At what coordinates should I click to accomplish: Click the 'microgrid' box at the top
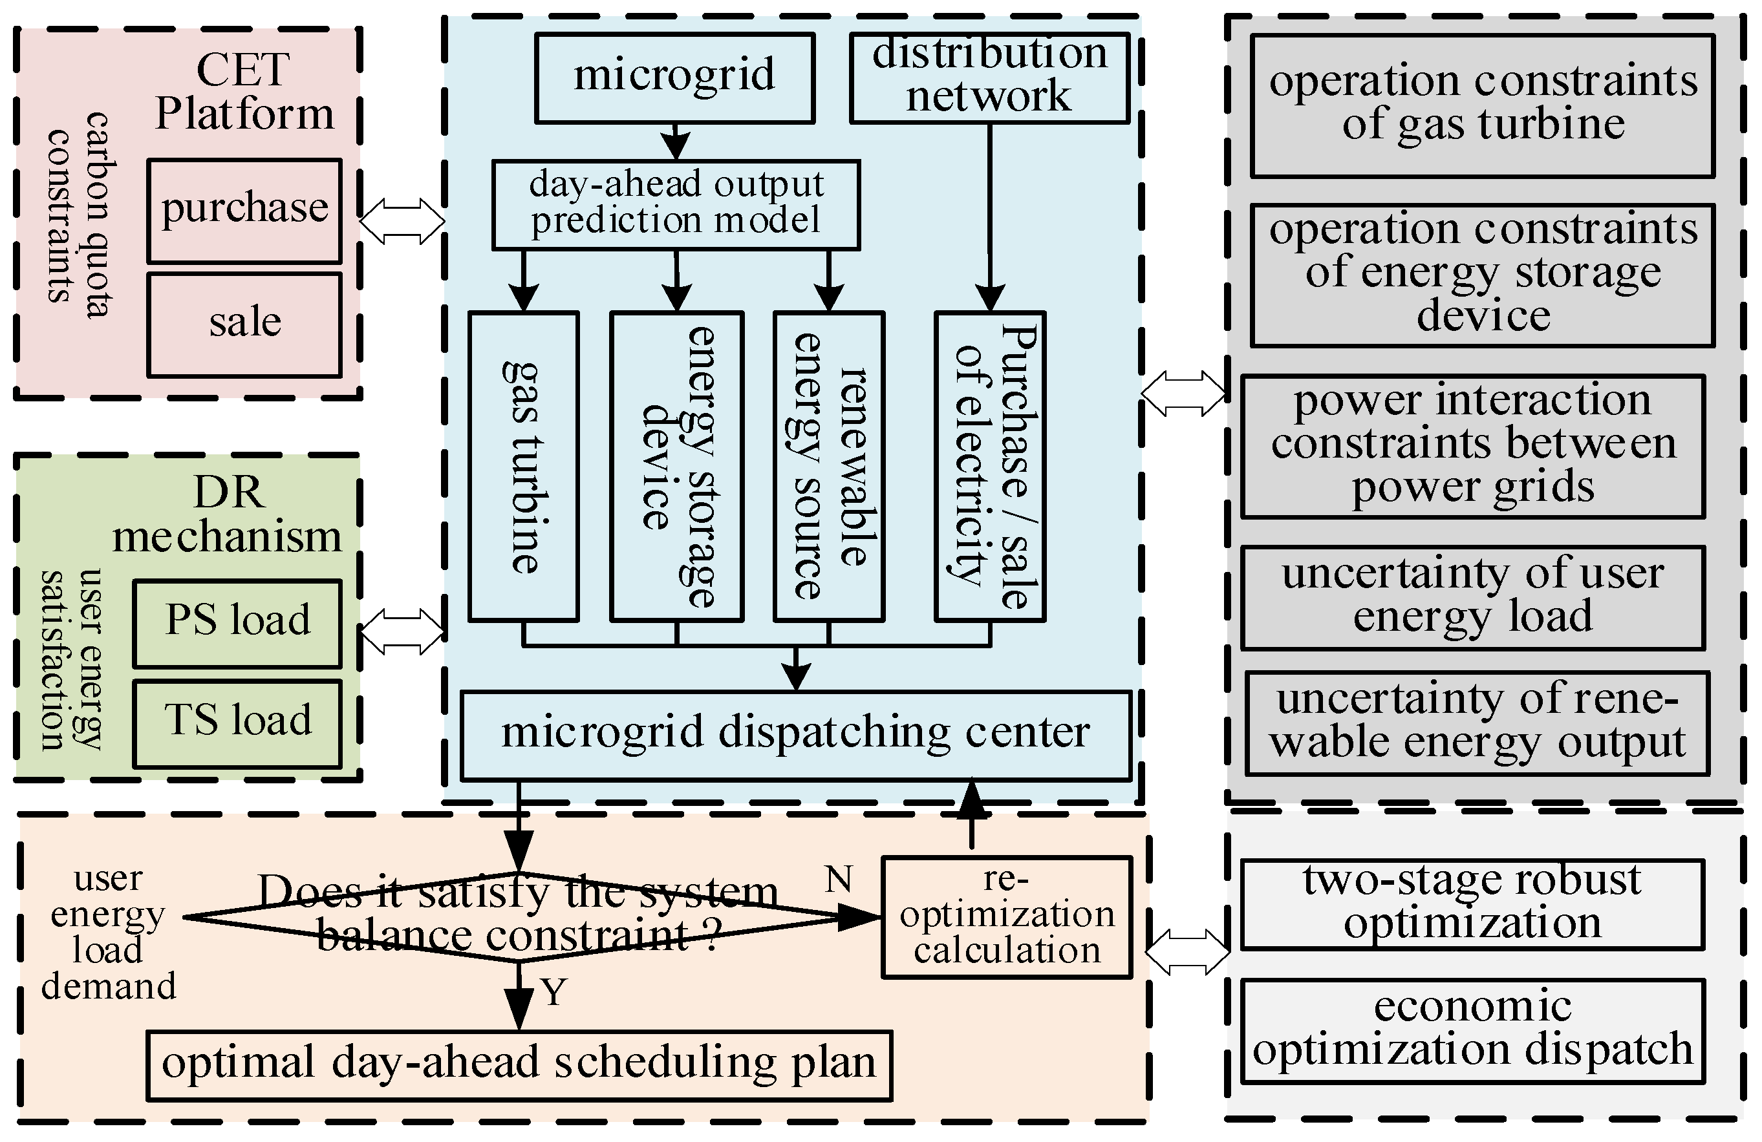point(674,77)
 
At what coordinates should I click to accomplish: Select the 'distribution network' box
point(989,77)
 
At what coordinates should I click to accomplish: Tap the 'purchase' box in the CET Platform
point(244,210)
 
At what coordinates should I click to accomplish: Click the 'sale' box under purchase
point(244,325)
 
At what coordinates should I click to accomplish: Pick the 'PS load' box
point(237,623)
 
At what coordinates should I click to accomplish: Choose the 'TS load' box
point(237,723)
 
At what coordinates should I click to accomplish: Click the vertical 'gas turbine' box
point(523,466)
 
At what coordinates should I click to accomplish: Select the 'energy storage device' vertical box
point(676,466)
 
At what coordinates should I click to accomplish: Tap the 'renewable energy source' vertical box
point(828,466)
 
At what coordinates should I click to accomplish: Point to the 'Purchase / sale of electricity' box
point(990,466)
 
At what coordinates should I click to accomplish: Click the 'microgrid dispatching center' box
point(796,735)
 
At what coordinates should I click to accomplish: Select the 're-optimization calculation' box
point(1007,917)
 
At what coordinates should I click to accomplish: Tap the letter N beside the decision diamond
point(838,879)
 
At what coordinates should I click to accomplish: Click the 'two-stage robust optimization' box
point(1472,904)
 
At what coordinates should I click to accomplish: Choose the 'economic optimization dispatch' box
point(1472,1030)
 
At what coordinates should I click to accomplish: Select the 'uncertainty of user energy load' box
point(1472,597)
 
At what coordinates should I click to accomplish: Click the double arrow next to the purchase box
point(402,220)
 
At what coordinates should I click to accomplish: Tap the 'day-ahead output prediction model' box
point(676,204)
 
